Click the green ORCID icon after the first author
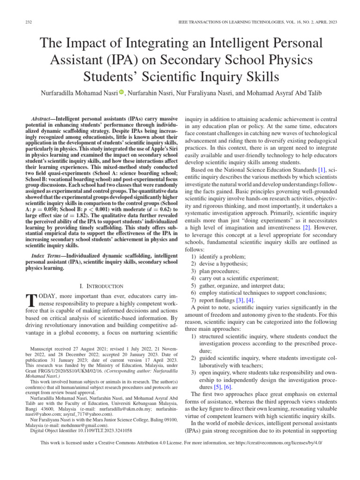[x=121, y=92]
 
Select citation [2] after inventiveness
[x=307, y=227]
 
